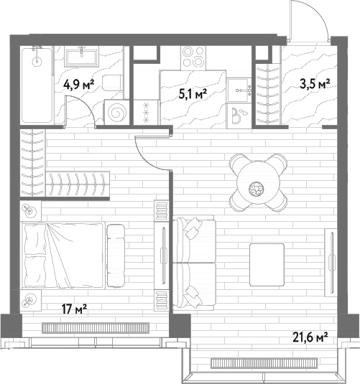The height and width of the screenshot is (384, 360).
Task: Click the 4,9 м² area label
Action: (79, 85)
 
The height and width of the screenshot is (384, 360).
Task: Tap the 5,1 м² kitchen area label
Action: (193, 93)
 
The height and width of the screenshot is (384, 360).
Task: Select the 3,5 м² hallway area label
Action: (315, 84)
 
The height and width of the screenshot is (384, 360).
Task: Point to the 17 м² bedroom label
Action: (74, 309)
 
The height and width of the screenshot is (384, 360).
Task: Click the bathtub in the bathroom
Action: (37, 85)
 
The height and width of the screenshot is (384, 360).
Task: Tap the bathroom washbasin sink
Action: (82, 57)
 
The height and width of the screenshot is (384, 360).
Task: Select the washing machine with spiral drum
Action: (116, 112)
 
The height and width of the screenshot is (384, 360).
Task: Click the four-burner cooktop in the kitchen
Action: (193, 58)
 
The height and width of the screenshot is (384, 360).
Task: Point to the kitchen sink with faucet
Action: (239, 90)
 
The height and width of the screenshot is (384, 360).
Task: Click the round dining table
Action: (258, 182)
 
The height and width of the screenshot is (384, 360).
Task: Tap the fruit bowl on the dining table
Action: (256, 189)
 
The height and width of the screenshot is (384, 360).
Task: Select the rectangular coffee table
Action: (267, 264)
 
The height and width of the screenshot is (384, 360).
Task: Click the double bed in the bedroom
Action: (63, 256)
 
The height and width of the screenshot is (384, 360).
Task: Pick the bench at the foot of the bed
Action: (116, 256)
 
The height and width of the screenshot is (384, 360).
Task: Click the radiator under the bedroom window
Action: (96, 328)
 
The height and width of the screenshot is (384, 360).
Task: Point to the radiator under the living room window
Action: (264, 363)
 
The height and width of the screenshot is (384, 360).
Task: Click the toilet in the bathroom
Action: (112, 83)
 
